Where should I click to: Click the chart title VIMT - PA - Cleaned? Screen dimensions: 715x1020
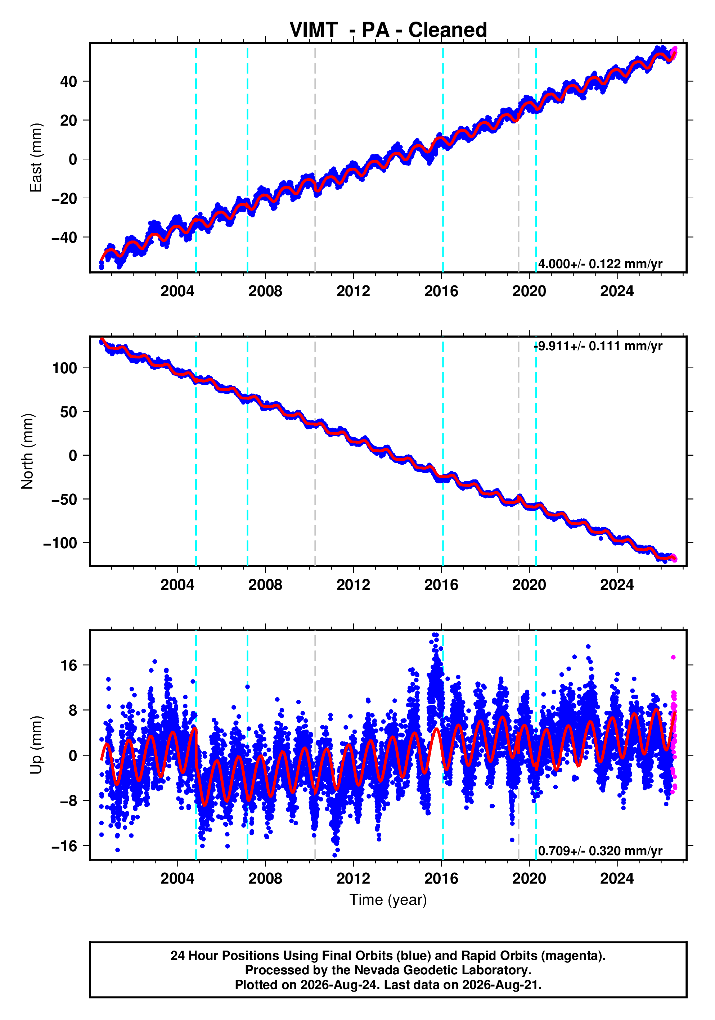click(388, 30)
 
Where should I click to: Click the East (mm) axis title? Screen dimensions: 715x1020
click(36, 158)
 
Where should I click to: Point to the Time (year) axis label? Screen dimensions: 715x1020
click(388, 899)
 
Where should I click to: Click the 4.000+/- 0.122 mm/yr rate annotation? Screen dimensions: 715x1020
click(600, 264)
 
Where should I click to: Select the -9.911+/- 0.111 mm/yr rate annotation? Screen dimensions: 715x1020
click(598, 346)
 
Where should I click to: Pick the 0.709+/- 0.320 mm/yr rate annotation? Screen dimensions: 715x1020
click(600, 851)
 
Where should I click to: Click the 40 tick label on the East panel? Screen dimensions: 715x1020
click(68, 82)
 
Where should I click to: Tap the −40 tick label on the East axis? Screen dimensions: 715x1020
click(64, 237)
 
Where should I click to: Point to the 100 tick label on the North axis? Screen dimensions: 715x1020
click(65, 368)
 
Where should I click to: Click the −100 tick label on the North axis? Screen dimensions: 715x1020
click(60, 543)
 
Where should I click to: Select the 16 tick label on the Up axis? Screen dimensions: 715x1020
click(69, 665)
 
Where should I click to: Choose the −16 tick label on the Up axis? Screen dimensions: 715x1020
click(64, 846)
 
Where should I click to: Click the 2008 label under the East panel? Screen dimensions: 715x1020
click(265, 292)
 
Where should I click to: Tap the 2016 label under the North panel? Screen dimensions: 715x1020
click(441, 585)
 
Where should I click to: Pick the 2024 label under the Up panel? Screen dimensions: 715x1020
click(617, 879)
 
